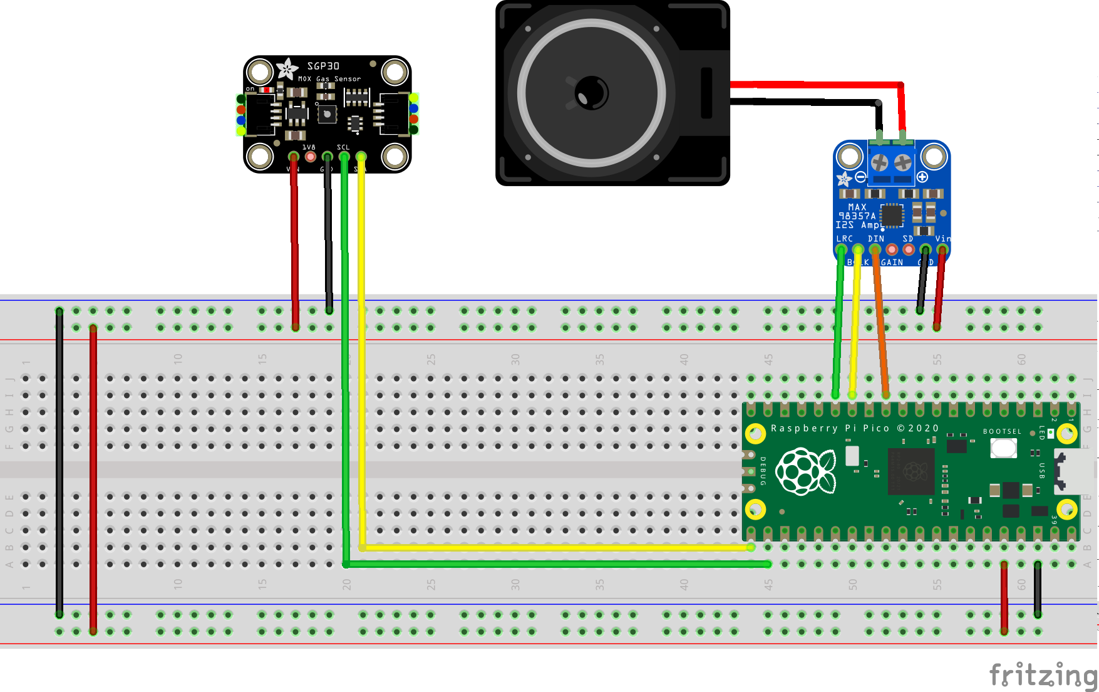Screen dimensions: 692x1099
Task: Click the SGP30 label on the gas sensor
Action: point(323,66)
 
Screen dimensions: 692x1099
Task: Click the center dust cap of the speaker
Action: point(591,93)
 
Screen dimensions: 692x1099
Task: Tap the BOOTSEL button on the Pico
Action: point(1003,448)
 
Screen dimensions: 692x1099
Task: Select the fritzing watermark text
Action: point(1042,675)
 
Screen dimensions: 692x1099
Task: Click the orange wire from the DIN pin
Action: point(880,326)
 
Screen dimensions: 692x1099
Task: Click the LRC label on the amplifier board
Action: point(844,239)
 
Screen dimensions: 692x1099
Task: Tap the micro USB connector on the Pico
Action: point(1072,471)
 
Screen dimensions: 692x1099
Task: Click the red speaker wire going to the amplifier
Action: point(814,84)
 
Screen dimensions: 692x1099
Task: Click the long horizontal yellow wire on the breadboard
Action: point(551,547)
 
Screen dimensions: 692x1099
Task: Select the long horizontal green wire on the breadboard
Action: point(551,564)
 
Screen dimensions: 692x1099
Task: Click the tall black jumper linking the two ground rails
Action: point(59,464)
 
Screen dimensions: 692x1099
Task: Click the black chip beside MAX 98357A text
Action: point(892,216)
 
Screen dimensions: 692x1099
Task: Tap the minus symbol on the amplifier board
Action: point(860,177)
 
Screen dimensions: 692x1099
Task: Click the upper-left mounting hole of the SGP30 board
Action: point(259,73)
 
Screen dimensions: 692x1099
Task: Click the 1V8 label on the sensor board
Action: point(309,147)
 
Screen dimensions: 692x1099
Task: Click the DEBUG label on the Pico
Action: point(763,471)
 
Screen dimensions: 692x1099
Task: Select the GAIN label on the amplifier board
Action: point(892,263)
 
